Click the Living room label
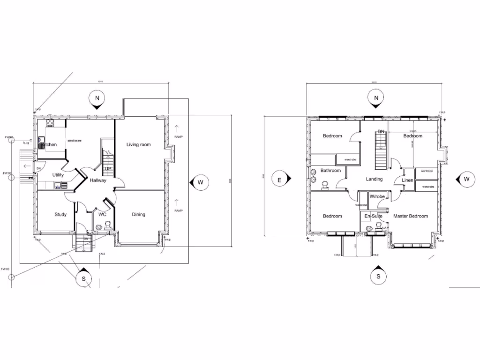[x=138, y=145]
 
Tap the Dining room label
[x=138, y=215]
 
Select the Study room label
[x=60, y=215]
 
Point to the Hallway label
[x=98, y=180]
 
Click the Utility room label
[x=58, y=175]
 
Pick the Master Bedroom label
[x=411, y=216]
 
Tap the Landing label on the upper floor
[x=374, y=179]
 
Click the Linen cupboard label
[x=407, y=180]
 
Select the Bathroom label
[x=330, y=171]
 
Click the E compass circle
[x=279, y=180]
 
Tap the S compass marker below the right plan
[x=378, y=276]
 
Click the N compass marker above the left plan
[x=97, y=98]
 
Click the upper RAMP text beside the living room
[x=178, y=137]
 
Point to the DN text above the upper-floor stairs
[x=381, y=132]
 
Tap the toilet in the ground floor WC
[x=99, y=227]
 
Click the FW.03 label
[x=6, y=269]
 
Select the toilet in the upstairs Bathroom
[x=324, y=186]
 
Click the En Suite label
[x=374, y=216]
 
